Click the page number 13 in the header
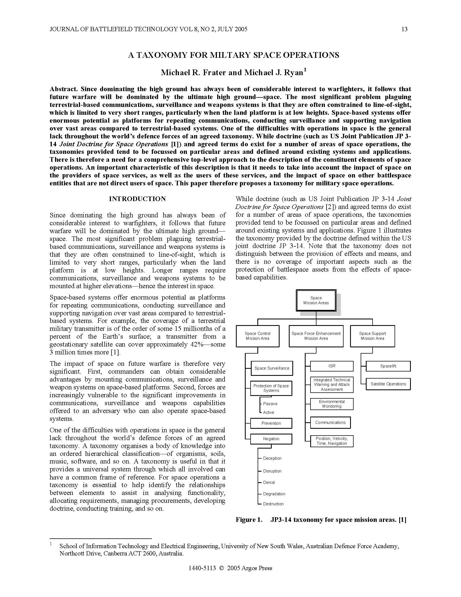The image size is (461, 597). (x=404, y=29)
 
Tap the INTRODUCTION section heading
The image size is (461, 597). (x=137, y=199)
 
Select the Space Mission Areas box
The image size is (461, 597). (x=316, y=300)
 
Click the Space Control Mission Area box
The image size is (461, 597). (x=258, y=336)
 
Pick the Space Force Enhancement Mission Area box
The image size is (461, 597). (x=316, y=336)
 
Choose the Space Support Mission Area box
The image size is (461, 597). (x=372, y=336)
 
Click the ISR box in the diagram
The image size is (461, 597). (x=332, y=366)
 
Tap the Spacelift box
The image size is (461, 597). (x=388, y=366)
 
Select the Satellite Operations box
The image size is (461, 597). (x=388, y=384)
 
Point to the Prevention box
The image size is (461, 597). (x=271, y=423)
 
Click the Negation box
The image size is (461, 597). (x=271, y=439)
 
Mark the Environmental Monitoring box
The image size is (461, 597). (x=332, y=404)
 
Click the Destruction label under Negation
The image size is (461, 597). (x=273, y=504)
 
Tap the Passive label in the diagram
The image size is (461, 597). (x=270, y=404)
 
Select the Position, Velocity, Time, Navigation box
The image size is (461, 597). (x=332, y=441)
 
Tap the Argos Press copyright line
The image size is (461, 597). (x=230, y=568)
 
